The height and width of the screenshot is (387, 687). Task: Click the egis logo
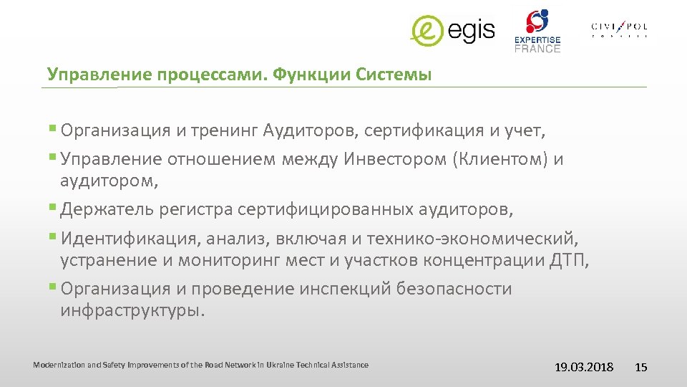(x=452, y=29)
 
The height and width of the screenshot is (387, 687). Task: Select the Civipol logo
(x=619, y=28)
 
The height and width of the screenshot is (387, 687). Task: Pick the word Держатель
(x=106, y=210)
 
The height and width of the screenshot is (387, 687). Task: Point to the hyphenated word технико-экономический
(x=474, y=238)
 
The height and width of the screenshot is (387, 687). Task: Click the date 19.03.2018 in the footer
(x=584, y=367)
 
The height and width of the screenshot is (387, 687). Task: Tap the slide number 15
(x=641, y=367)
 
